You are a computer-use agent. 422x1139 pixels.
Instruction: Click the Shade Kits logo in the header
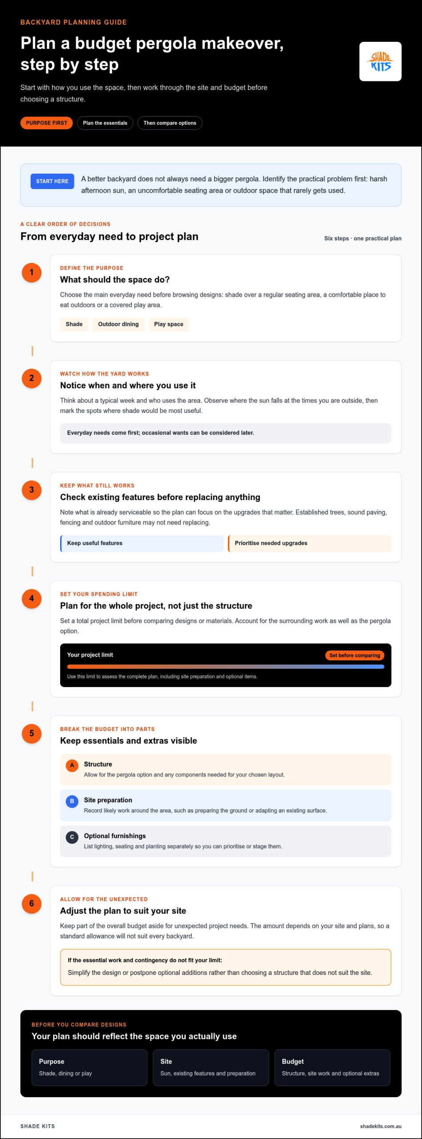point(380,61)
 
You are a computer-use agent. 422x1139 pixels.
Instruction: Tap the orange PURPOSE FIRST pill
point(46,123)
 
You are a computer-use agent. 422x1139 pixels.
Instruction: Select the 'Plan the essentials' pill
point(105,123)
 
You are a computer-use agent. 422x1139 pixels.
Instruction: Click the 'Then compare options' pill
point(170,123)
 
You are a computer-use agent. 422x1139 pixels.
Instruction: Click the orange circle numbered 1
point(32,272)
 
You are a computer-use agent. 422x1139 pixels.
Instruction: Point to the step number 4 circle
point(32,598)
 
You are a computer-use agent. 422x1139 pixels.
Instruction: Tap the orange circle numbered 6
point(32,904)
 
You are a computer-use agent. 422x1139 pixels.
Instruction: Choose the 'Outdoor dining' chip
point(118,324)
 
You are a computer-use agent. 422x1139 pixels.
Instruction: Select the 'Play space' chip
point(169,324)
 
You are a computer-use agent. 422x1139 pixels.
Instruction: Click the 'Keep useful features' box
point(142,543)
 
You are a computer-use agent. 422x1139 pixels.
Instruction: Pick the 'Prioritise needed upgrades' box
point(310,543)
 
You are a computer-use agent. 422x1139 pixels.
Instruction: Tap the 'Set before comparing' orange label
point(355,655)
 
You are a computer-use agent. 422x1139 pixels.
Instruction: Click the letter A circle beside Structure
point(72,765)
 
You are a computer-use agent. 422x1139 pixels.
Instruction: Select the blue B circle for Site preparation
point(72,801)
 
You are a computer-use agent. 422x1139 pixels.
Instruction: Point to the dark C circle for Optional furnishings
point(72,837)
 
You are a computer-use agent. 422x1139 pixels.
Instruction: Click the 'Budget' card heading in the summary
point(293,1062)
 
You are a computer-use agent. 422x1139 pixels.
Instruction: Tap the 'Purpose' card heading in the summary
point(52,1062)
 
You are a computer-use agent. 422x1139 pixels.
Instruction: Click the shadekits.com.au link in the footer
point(381,1127)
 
